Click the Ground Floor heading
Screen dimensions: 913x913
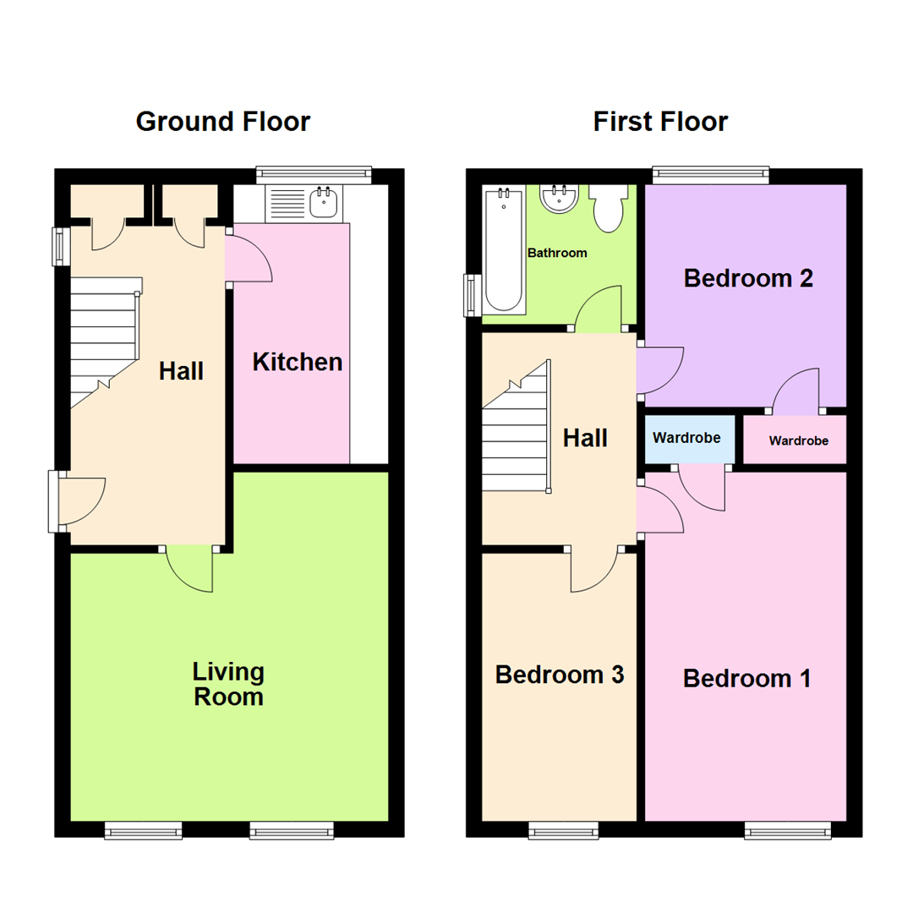pyautogui.click(x=222, y=122)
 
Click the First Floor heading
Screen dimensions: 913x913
pyautogui.click(x=660, y=122)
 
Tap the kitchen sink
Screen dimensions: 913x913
pyautogui.click(x=324, y=203)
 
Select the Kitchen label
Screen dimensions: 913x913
pyautogui.click(x=298, y=363)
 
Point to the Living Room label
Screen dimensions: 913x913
pyautogui.click(x=228, y=685)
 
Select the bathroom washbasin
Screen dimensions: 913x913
pyautogui.click(x=558, y=200)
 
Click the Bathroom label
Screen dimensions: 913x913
pyautogui.click(x=557, y=253)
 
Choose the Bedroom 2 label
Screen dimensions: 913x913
pyautogui.click(x=748, y=278)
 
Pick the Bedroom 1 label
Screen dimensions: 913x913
pyautogui.click(x=747, y=678)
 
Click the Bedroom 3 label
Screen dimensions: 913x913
pyautogui.click(x=560, y=675)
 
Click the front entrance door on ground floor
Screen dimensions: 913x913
pyautogui.click(x=78, y=502)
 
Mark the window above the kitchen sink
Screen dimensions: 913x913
pyautogui.click(x=314, y=174)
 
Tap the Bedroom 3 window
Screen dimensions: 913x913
pyautogui.click(x=563, y=831)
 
